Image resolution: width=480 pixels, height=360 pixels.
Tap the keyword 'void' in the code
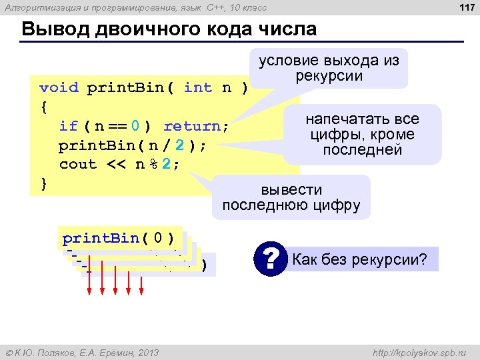59,87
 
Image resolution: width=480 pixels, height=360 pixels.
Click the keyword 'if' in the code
68,126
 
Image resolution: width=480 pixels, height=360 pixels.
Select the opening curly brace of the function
43,107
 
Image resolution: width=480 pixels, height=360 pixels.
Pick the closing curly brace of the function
43,183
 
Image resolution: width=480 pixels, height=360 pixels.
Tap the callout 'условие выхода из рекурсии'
329,68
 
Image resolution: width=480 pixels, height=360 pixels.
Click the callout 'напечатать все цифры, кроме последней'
363,135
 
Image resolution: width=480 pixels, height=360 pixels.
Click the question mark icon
270,259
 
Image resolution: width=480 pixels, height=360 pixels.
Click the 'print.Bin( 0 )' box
119,238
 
